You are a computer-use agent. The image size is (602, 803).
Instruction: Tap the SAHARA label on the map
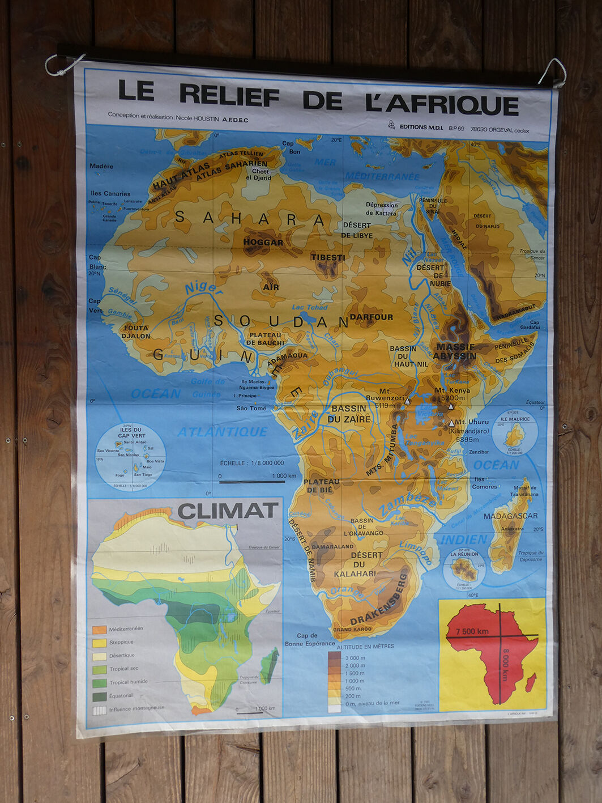250,218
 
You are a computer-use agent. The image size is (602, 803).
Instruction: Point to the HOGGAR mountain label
263,243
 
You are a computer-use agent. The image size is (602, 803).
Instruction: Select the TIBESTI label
327,257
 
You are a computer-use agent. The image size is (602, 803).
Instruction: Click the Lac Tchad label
309,307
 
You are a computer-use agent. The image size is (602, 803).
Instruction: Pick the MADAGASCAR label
510,516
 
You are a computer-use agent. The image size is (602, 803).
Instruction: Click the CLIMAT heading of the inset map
228,511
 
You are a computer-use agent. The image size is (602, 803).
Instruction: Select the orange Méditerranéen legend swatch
100,629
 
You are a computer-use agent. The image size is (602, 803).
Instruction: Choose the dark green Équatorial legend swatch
100,696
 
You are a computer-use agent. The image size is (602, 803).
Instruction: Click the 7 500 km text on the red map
472,631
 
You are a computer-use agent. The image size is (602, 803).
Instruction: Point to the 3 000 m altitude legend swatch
334,657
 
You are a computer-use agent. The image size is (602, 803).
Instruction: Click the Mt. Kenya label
452,391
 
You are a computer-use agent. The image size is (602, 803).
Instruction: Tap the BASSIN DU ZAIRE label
349,414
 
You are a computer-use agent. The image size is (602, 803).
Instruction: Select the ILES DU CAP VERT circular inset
131,457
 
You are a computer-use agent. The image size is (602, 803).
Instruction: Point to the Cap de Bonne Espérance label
310,639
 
